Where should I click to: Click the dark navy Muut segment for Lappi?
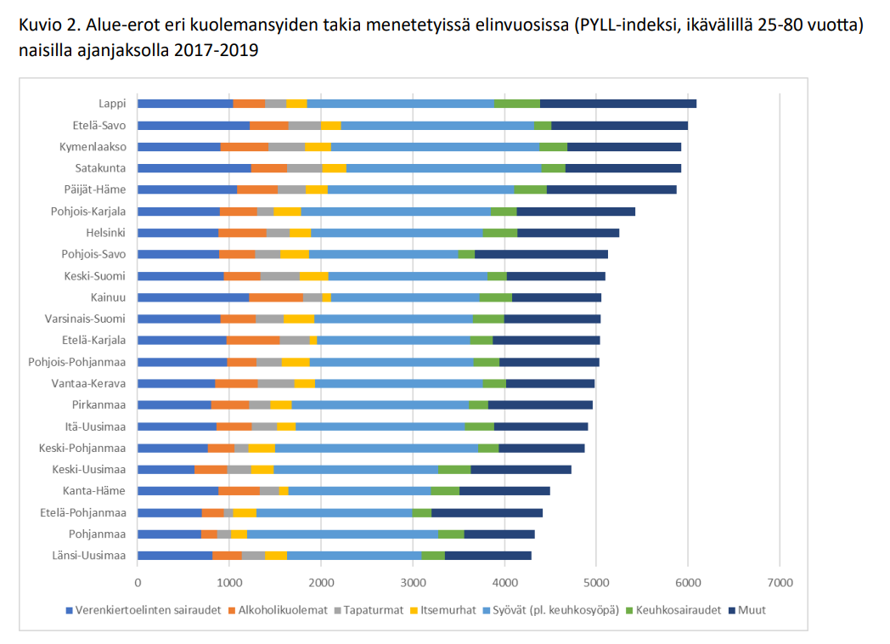click(x=617, y=104)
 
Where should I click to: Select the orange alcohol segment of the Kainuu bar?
click(x=276, y=297)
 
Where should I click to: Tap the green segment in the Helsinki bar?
click(x=499, y=233)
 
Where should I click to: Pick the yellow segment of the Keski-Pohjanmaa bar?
click(x=262, y=448)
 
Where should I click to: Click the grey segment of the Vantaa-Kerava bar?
click(x=276, y=383)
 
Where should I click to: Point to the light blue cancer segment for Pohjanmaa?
click(x=342, y=534)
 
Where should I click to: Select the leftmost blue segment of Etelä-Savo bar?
click(x=194, y=126)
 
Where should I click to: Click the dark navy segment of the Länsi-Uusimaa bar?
click(x=487, y=556)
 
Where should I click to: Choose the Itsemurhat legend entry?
click(x=445, y=610)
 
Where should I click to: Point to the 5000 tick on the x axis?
click(x=596, y=582)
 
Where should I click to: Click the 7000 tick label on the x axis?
click(x=780, y=582)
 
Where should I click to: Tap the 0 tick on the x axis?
click(x=138, y=582)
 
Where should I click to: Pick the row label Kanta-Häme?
click(x=94, y=491)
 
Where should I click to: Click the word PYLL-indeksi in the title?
click(x=626, y=25)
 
